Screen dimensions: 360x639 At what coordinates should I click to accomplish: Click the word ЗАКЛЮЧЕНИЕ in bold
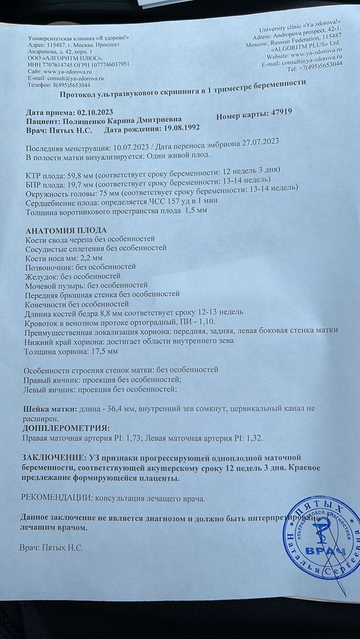(53, 458)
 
